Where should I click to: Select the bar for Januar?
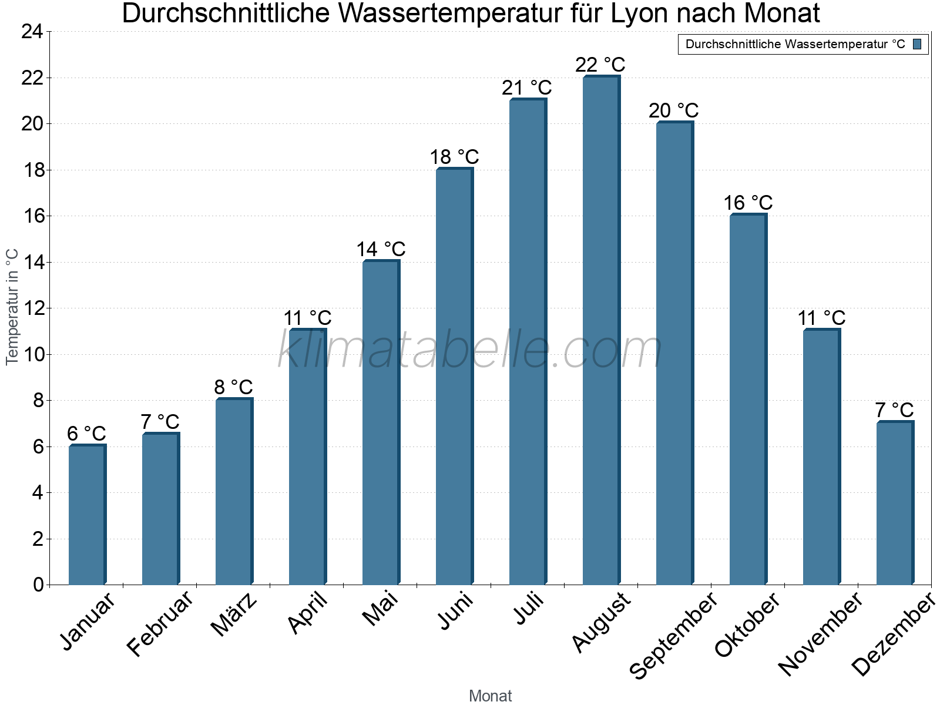click(87, 515)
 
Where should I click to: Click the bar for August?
click(601, 331)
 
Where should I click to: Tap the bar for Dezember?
click(895, 503)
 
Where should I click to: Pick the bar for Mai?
click(381, 423)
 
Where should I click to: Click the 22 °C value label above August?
click(600, 65)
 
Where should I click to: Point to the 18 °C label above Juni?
click(454, 157)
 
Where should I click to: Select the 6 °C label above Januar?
click(86, 434)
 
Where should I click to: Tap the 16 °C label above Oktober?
click(747, 203)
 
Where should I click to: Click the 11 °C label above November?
click(821, 318)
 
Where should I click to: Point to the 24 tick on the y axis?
click(32, 32)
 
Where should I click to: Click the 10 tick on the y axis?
click(32, 355)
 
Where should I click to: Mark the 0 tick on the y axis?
click(38, 585)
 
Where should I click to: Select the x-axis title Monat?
click(490, 696)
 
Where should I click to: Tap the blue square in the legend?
click(917, 44)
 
